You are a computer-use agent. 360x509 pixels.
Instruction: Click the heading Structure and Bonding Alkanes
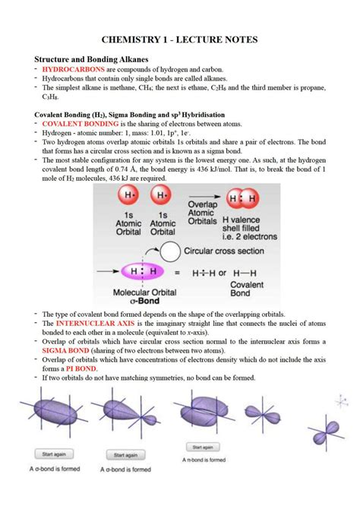[93, 58]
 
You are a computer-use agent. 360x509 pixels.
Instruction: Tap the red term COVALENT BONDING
[74, 122]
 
